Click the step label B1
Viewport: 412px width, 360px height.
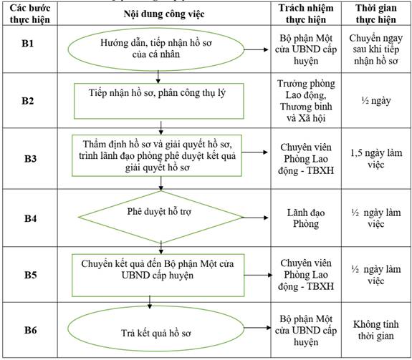28,43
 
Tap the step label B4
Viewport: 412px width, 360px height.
31,218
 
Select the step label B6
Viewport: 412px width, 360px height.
31,330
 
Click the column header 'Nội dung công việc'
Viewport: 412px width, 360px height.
164,14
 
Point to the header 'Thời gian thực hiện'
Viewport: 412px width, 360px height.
376,14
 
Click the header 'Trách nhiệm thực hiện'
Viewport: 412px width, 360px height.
306,14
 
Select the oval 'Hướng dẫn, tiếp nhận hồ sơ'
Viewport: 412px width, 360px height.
156,49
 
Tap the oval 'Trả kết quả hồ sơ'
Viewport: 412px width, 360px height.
156,329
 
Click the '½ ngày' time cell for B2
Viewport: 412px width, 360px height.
376,100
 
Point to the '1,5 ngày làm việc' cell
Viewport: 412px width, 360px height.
376,158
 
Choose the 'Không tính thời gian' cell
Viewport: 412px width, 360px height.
376,330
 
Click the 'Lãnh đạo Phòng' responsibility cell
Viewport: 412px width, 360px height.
306,218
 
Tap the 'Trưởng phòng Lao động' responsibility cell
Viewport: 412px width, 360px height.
306,101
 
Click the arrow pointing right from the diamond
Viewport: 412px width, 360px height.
255,218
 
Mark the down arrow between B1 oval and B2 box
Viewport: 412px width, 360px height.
158,77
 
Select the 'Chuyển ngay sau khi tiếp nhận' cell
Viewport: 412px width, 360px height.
376,49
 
